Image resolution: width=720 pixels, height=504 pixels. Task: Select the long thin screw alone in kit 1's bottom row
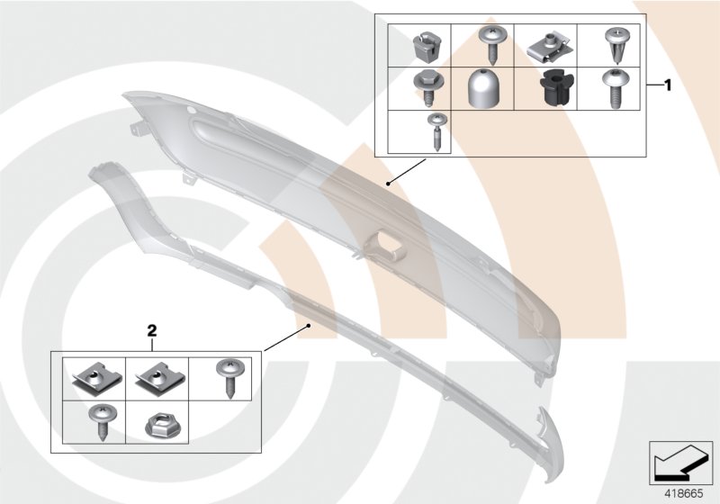[434, 130]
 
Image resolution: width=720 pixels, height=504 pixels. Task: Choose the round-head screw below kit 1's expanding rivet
[614, 87]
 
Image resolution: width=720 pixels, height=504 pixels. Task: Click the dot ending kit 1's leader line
[388, 184]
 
